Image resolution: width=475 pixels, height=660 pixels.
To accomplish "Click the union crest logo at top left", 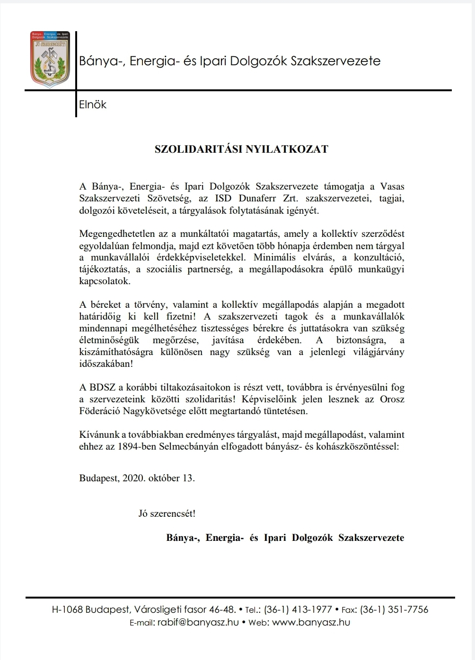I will pos(50,60).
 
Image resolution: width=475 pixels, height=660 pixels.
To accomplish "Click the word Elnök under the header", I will pos(93,104).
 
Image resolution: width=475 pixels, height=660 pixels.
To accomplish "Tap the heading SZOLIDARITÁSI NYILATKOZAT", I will pos(241,149).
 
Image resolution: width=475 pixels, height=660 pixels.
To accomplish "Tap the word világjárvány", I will pos(376,352).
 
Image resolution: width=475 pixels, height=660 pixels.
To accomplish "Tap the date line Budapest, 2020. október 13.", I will pos(137,478).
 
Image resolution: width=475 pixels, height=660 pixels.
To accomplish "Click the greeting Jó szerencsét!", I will pos(167,512).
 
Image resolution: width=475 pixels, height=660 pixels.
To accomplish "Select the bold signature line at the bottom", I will pos(285,538).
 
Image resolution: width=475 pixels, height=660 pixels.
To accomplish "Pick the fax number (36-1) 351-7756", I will pos(394,610).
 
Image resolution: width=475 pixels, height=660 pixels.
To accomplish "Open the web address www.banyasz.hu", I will pos(311,623).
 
